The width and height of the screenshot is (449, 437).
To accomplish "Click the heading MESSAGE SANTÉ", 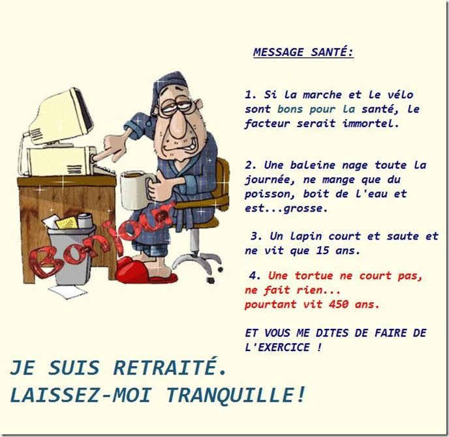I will [x=303, y=52].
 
